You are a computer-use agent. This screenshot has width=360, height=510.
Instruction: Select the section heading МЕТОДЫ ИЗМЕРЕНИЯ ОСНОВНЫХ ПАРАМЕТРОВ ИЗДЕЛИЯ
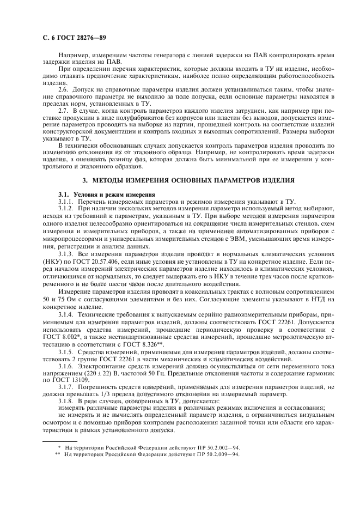(x=188, y=179)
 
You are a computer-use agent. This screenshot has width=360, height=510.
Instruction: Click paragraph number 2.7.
(x=64, y=111)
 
